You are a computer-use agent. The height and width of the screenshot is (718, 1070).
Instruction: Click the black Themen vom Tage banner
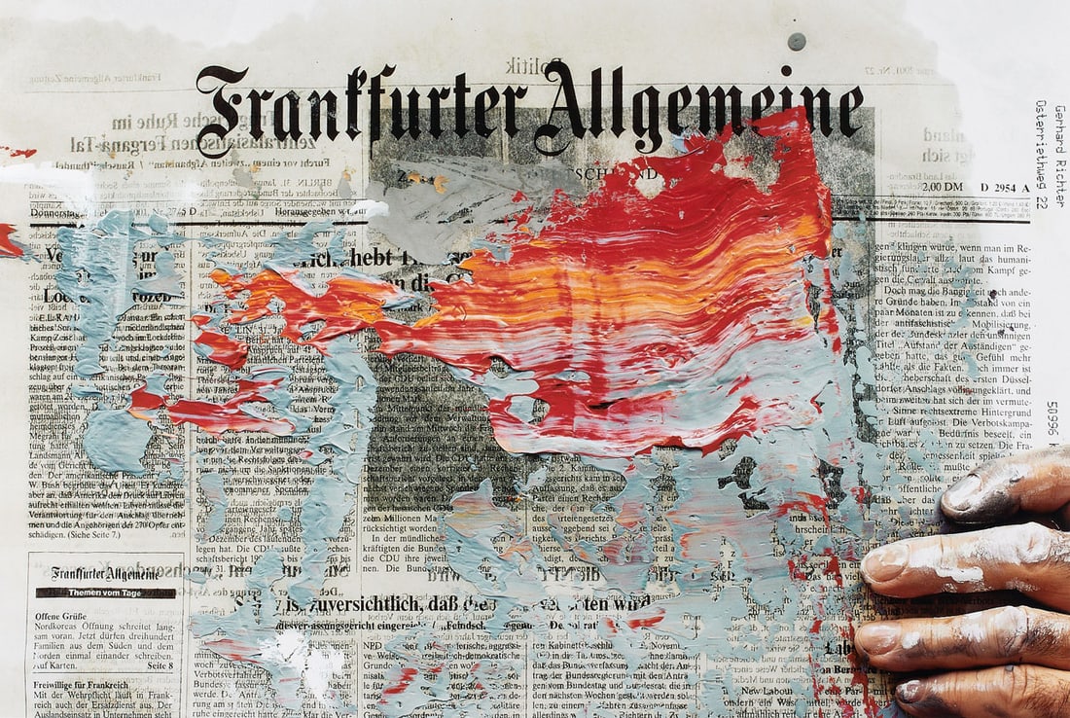click(106, 592)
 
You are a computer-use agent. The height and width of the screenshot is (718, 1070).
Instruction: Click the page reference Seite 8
click(157, 665)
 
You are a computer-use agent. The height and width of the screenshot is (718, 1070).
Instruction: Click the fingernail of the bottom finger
click(909, 692)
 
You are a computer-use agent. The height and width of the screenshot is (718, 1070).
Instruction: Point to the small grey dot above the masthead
click(797, 41)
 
